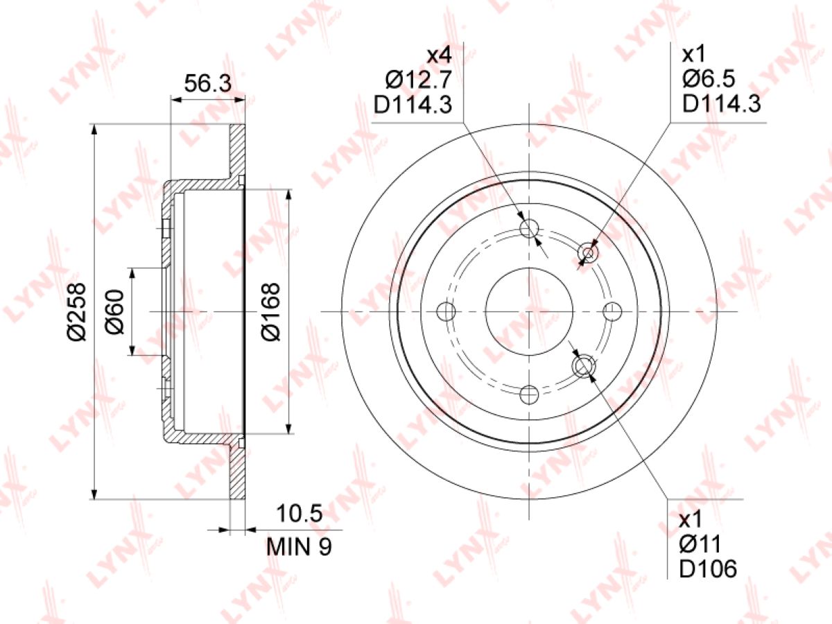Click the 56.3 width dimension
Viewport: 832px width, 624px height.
207,83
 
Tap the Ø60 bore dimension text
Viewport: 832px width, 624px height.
115,312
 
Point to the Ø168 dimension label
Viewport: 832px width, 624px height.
270,312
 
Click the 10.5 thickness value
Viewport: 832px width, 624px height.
300,513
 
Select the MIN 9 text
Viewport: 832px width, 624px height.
299,547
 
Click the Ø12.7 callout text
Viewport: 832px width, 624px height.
419,80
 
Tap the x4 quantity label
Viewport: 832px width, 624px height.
440,55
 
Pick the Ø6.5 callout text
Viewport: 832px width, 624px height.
709,79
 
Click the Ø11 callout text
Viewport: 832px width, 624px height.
700,545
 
